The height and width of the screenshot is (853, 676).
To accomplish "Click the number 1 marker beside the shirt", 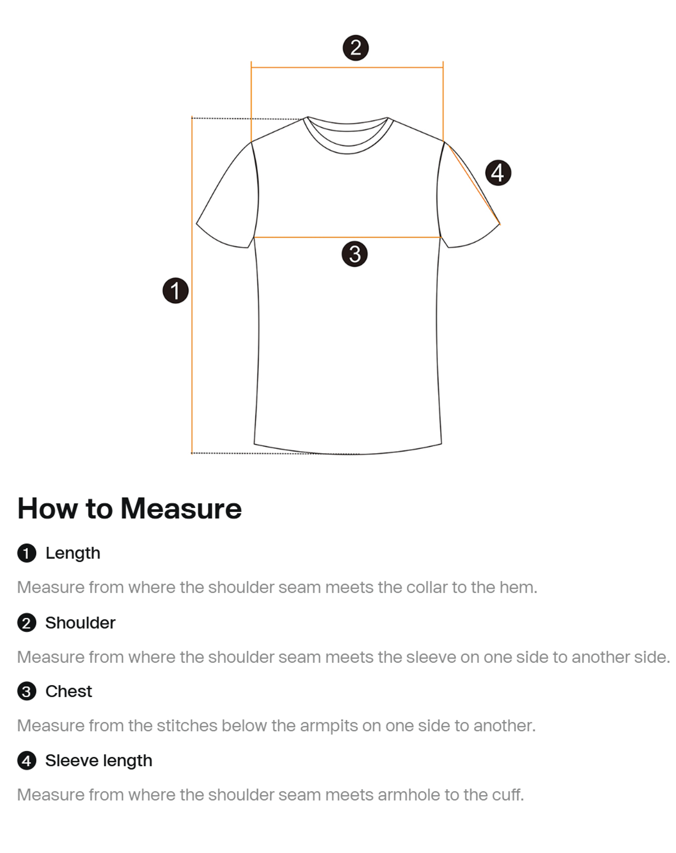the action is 175,291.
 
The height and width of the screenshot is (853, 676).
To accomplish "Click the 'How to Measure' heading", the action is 129,508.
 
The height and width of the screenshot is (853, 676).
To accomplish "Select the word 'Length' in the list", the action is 73,553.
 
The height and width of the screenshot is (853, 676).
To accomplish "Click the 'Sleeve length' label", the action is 99,760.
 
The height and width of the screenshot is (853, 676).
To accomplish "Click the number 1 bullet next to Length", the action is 26,553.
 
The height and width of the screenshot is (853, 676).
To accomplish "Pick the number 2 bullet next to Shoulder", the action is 26,623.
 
